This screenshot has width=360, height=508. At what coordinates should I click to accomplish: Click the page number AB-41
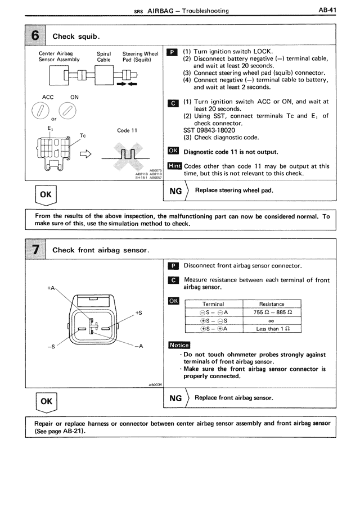coord(327,10)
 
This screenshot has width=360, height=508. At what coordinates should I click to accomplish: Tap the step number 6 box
coord(35,35)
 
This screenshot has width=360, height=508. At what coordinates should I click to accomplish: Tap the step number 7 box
coord(35,250)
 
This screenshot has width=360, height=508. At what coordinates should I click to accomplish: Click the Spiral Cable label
coord(103,56)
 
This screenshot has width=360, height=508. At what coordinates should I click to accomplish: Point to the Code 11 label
coord(127,130)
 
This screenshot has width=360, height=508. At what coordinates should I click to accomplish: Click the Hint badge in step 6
coord(174,166)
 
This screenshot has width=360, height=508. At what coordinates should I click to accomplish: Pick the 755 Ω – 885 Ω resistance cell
coord(272,312)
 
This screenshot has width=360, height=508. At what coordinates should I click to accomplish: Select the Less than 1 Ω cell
coord(272,329)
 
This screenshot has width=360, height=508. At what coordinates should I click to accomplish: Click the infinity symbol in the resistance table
coord(272,321)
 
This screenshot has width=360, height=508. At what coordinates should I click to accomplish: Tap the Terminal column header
coord(213,304)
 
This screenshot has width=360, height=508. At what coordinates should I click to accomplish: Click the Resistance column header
coord(272,304)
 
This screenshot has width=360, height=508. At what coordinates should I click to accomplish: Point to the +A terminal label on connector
coord(52,288)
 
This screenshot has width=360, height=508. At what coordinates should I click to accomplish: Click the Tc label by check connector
coord(83,135)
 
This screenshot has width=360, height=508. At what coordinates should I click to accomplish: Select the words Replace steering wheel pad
coord(234,190)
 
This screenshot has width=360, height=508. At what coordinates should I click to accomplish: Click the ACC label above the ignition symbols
coord(48,97)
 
